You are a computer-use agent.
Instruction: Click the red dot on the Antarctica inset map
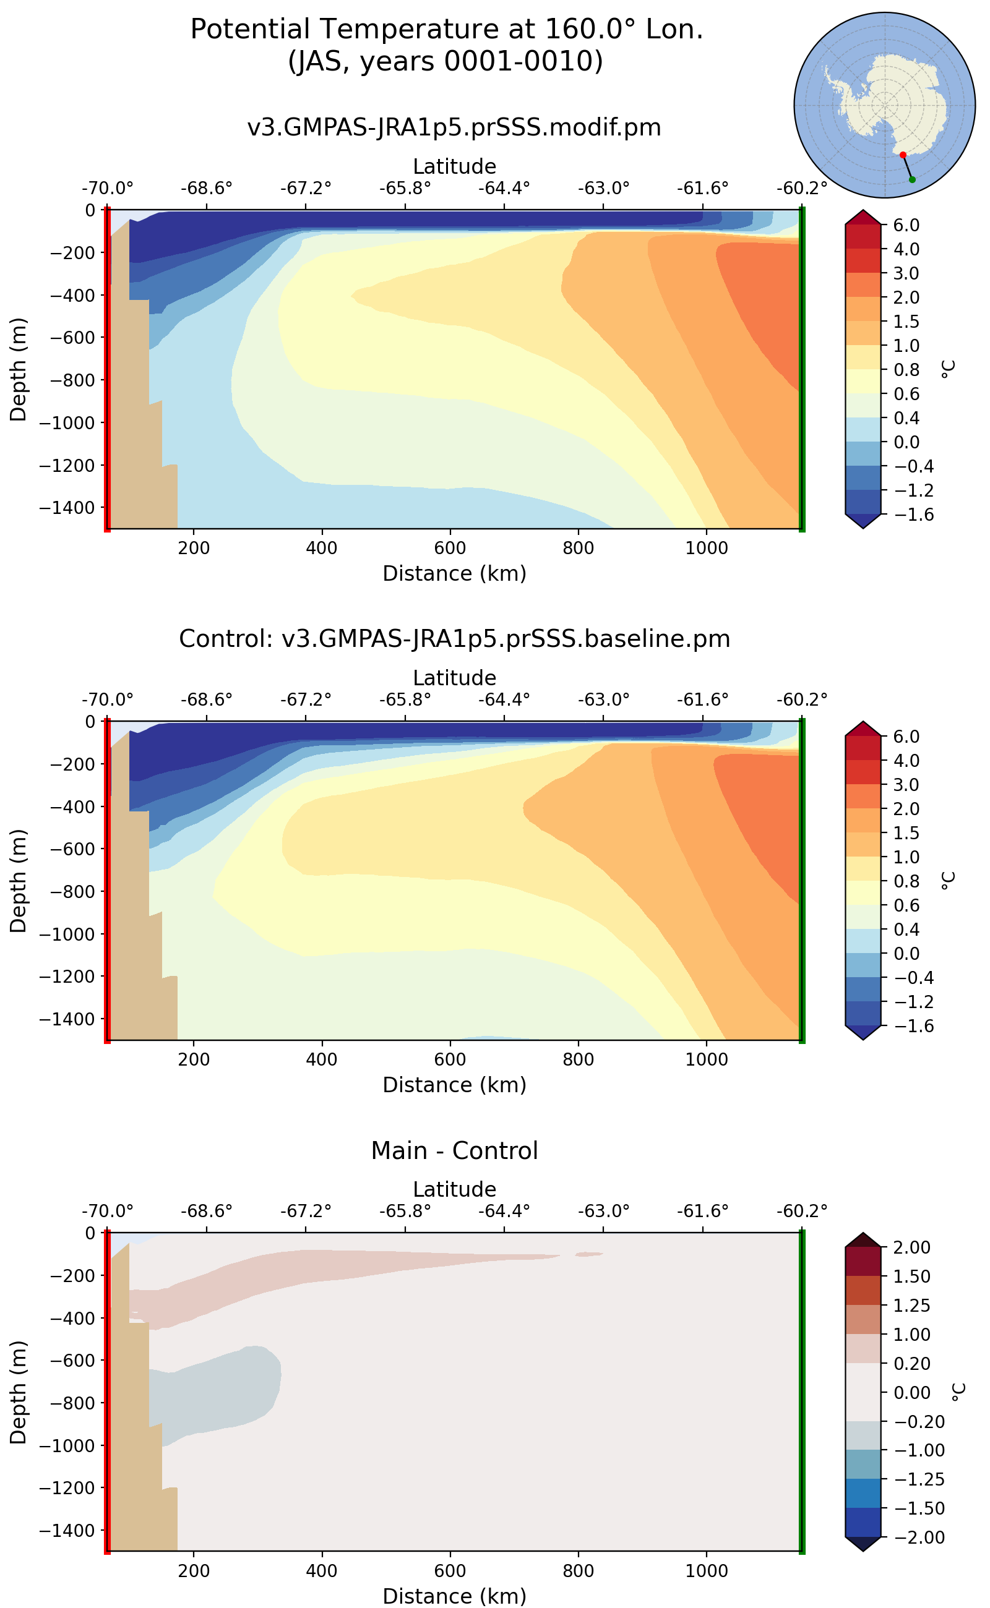(x=903, y=155)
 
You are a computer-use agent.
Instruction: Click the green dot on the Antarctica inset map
(x=912, y=179)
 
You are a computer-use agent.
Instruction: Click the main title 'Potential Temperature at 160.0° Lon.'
(x=447, y=30)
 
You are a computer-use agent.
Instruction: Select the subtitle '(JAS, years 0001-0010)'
(x=445, y=61)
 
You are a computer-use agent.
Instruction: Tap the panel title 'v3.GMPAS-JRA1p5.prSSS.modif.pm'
(x=454, y=127)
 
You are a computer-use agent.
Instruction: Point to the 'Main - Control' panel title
(x=454, y=1150)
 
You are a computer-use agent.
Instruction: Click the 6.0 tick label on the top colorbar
(x=907, y=225)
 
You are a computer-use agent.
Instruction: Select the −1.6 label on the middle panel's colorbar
(x=907, y=1026)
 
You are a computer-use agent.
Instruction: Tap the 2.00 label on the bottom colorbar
(x=911, y=1247)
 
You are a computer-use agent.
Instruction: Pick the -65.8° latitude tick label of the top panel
(x=405, y=189)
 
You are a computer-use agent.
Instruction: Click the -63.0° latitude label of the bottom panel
(x=603, y=1212)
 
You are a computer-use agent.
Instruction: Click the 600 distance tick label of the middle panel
(x=450, y=1059)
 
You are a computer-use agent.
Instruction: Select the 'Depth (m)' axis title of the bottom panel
(x=19, y=1393)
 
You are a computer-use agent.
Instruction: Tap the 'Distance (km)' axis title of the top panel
(x=454, y=573)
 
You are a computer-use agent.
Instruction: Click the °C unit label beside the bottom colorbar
(x=958, y=1392)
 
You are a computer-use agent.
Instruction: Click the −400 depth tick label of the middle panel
(x=72, y=807)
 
